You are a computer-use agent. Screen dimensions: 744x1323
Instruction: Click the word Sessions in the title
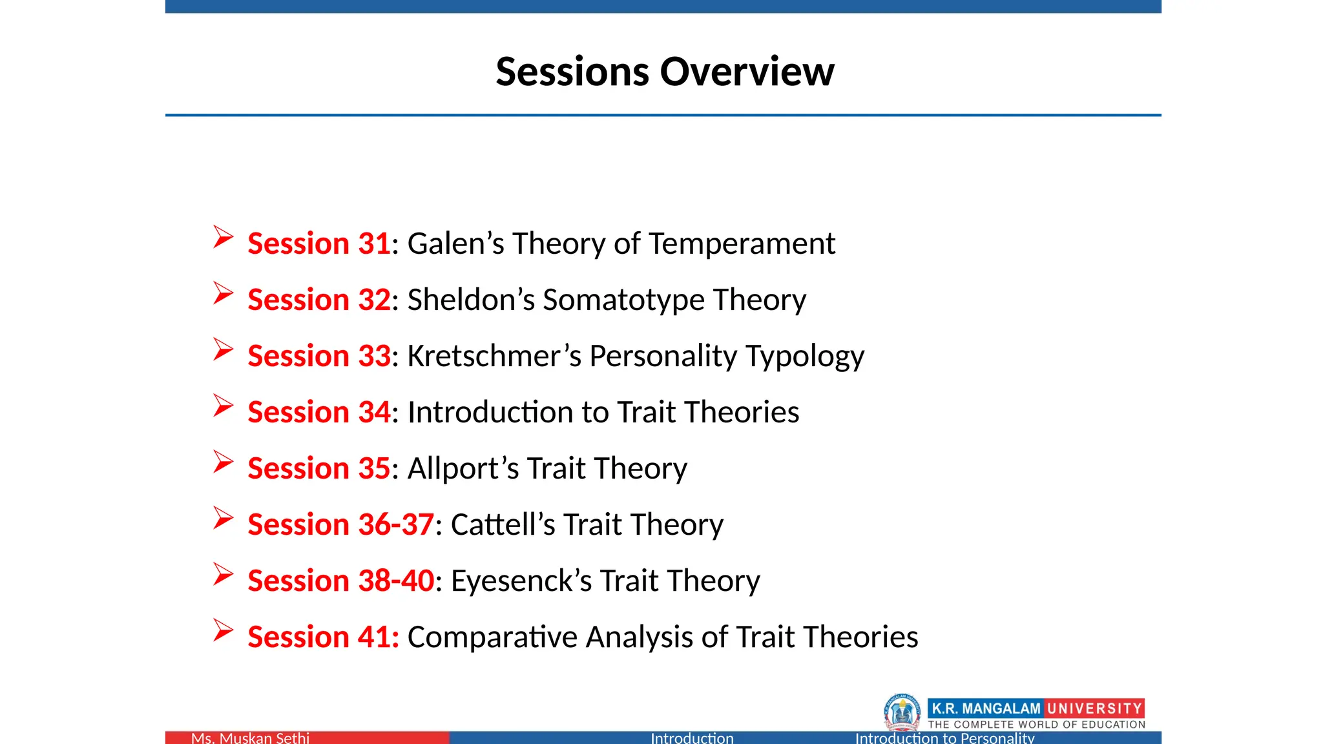572,71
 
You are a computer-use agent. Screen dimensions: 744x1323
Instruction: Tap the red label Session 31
318,243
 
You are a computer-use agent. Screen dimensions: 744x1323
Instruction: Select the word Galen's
455,243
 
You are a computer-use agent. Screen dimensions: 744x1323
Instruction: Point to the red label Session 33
318,356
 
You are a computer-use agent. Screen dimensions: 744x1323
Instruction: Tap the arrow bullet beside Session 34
223,406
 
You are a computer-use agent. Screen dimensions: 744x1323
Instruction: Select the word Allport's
463,468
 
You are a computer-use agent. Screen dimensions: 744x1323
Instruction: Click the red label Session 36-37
340,524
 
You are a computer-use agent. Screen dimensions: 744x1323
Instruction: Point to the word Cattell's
503,524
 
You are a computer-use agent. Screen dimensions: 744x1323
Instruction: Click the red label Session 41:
323,637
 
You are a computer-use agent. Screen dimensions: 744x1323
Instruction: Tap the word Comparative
492,637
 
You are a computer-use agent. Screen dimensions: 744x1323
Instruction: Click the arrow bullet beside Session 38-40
223,575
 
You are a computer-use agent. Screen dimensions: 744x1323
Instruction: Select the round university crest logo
902,712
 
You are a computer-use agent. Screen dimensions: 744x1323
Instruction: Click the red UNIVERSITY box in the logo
1094,708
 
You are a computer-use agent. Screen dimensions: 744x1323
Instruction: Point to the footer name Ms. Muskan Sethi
250,738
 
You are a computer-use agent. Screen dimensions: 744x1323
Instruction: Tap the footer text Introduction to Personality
944,738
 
